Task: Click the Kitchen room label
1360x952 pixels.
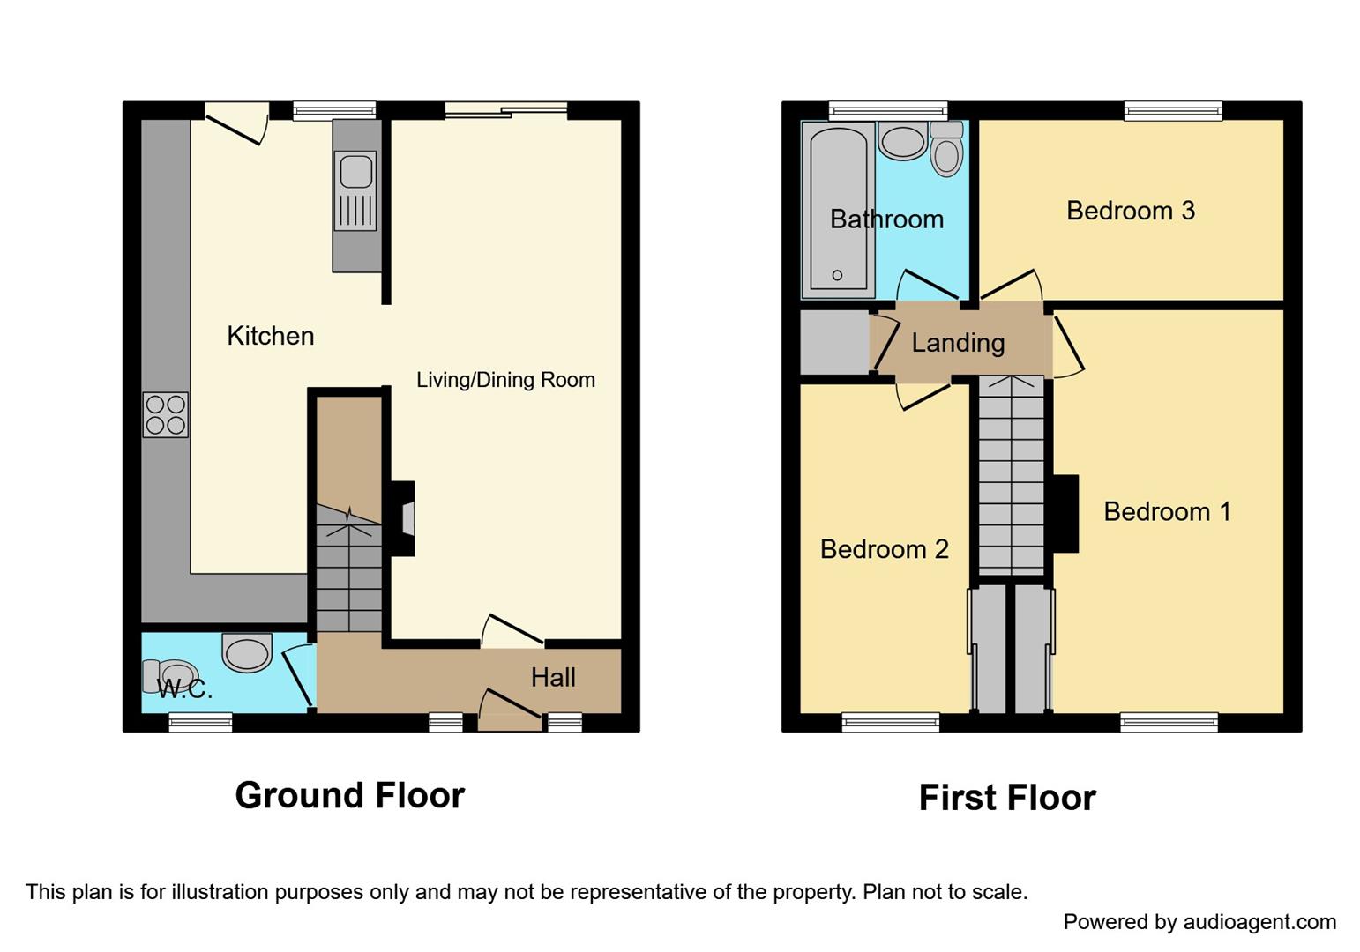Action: click(x=270, y=336)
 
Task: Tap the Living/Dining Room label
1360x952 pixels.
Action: click(x=505, y=380)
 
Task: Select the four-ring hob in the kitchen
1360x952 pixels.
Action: click(x=165, y=414)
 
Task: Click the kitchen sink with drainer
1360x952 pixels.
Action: click(x=356, y=190)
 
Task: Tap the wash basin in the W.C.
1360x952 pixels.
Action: click(x=247, y=653)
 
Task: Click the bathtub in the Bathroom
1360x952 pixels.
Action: click(x=837, y=210)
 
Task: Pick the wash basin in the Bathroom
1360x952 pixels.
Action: click(x=902, y=142)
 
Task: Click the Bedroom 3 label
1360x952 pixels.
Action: click(x=1130, y=211)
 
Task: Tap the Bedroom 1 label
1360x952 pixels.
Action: click(x=1166, y=512)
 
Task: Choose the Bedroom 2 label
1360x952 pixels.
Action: click(x=884, y=549)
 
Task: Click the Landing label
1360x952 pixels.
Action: click(x=958, y=343)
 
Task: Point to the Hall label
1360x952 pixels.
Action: click(x=553, y=677)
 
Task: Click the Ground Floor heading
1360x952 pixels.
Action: click(x=349, y=795)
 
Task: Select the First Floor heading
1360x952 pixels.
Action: click(x=1006, y=798)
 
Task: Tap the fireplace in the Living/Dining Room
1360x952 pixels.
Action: click(x=403, y=518)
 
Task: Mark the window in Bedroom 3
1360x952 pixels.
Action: click(x=1173, y=111)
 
